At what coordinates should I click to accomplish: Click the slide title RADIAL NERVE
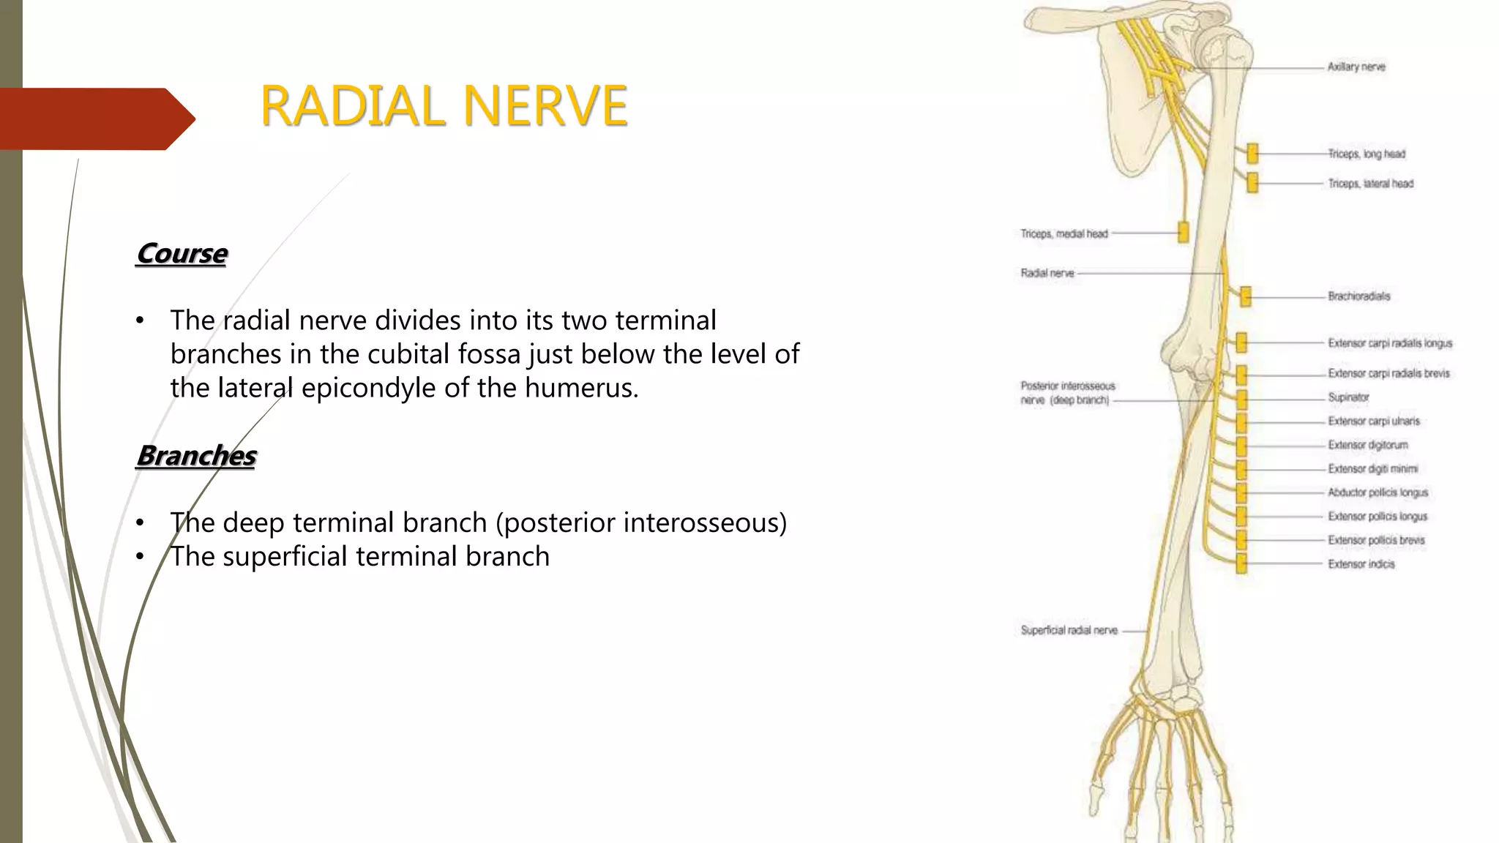444,106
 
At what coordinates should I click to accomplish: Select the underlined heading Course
182,254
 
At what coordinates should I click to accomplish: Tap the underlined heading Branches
196,456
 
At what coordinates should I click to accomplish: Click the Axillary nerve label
1356,67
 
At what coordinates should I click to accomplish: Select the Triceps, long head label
1367,154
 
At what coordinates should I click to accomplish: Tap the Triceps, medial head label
1064,234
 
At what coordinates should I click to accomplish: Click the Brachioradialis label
1358,296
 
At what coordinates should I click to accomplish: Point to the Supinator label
1348,397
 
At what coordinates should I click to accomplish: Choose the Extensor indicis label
1361,564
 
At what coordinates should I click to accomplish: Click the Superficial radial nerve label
1069,630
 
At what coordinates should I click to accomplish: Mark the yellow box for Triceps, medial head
1183,233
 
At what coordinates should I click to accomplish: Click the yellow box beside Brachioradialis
1246,296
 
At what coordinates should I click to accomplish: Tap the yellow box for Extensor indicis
1241,564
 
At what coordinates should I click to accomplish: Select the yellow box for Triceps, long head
1252,154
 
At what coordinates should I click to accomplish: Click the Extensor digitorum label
1367,445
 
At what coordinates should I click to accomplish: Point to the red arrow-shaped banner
95,119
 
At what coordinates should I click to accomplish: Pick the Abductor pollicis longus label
1377,492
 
